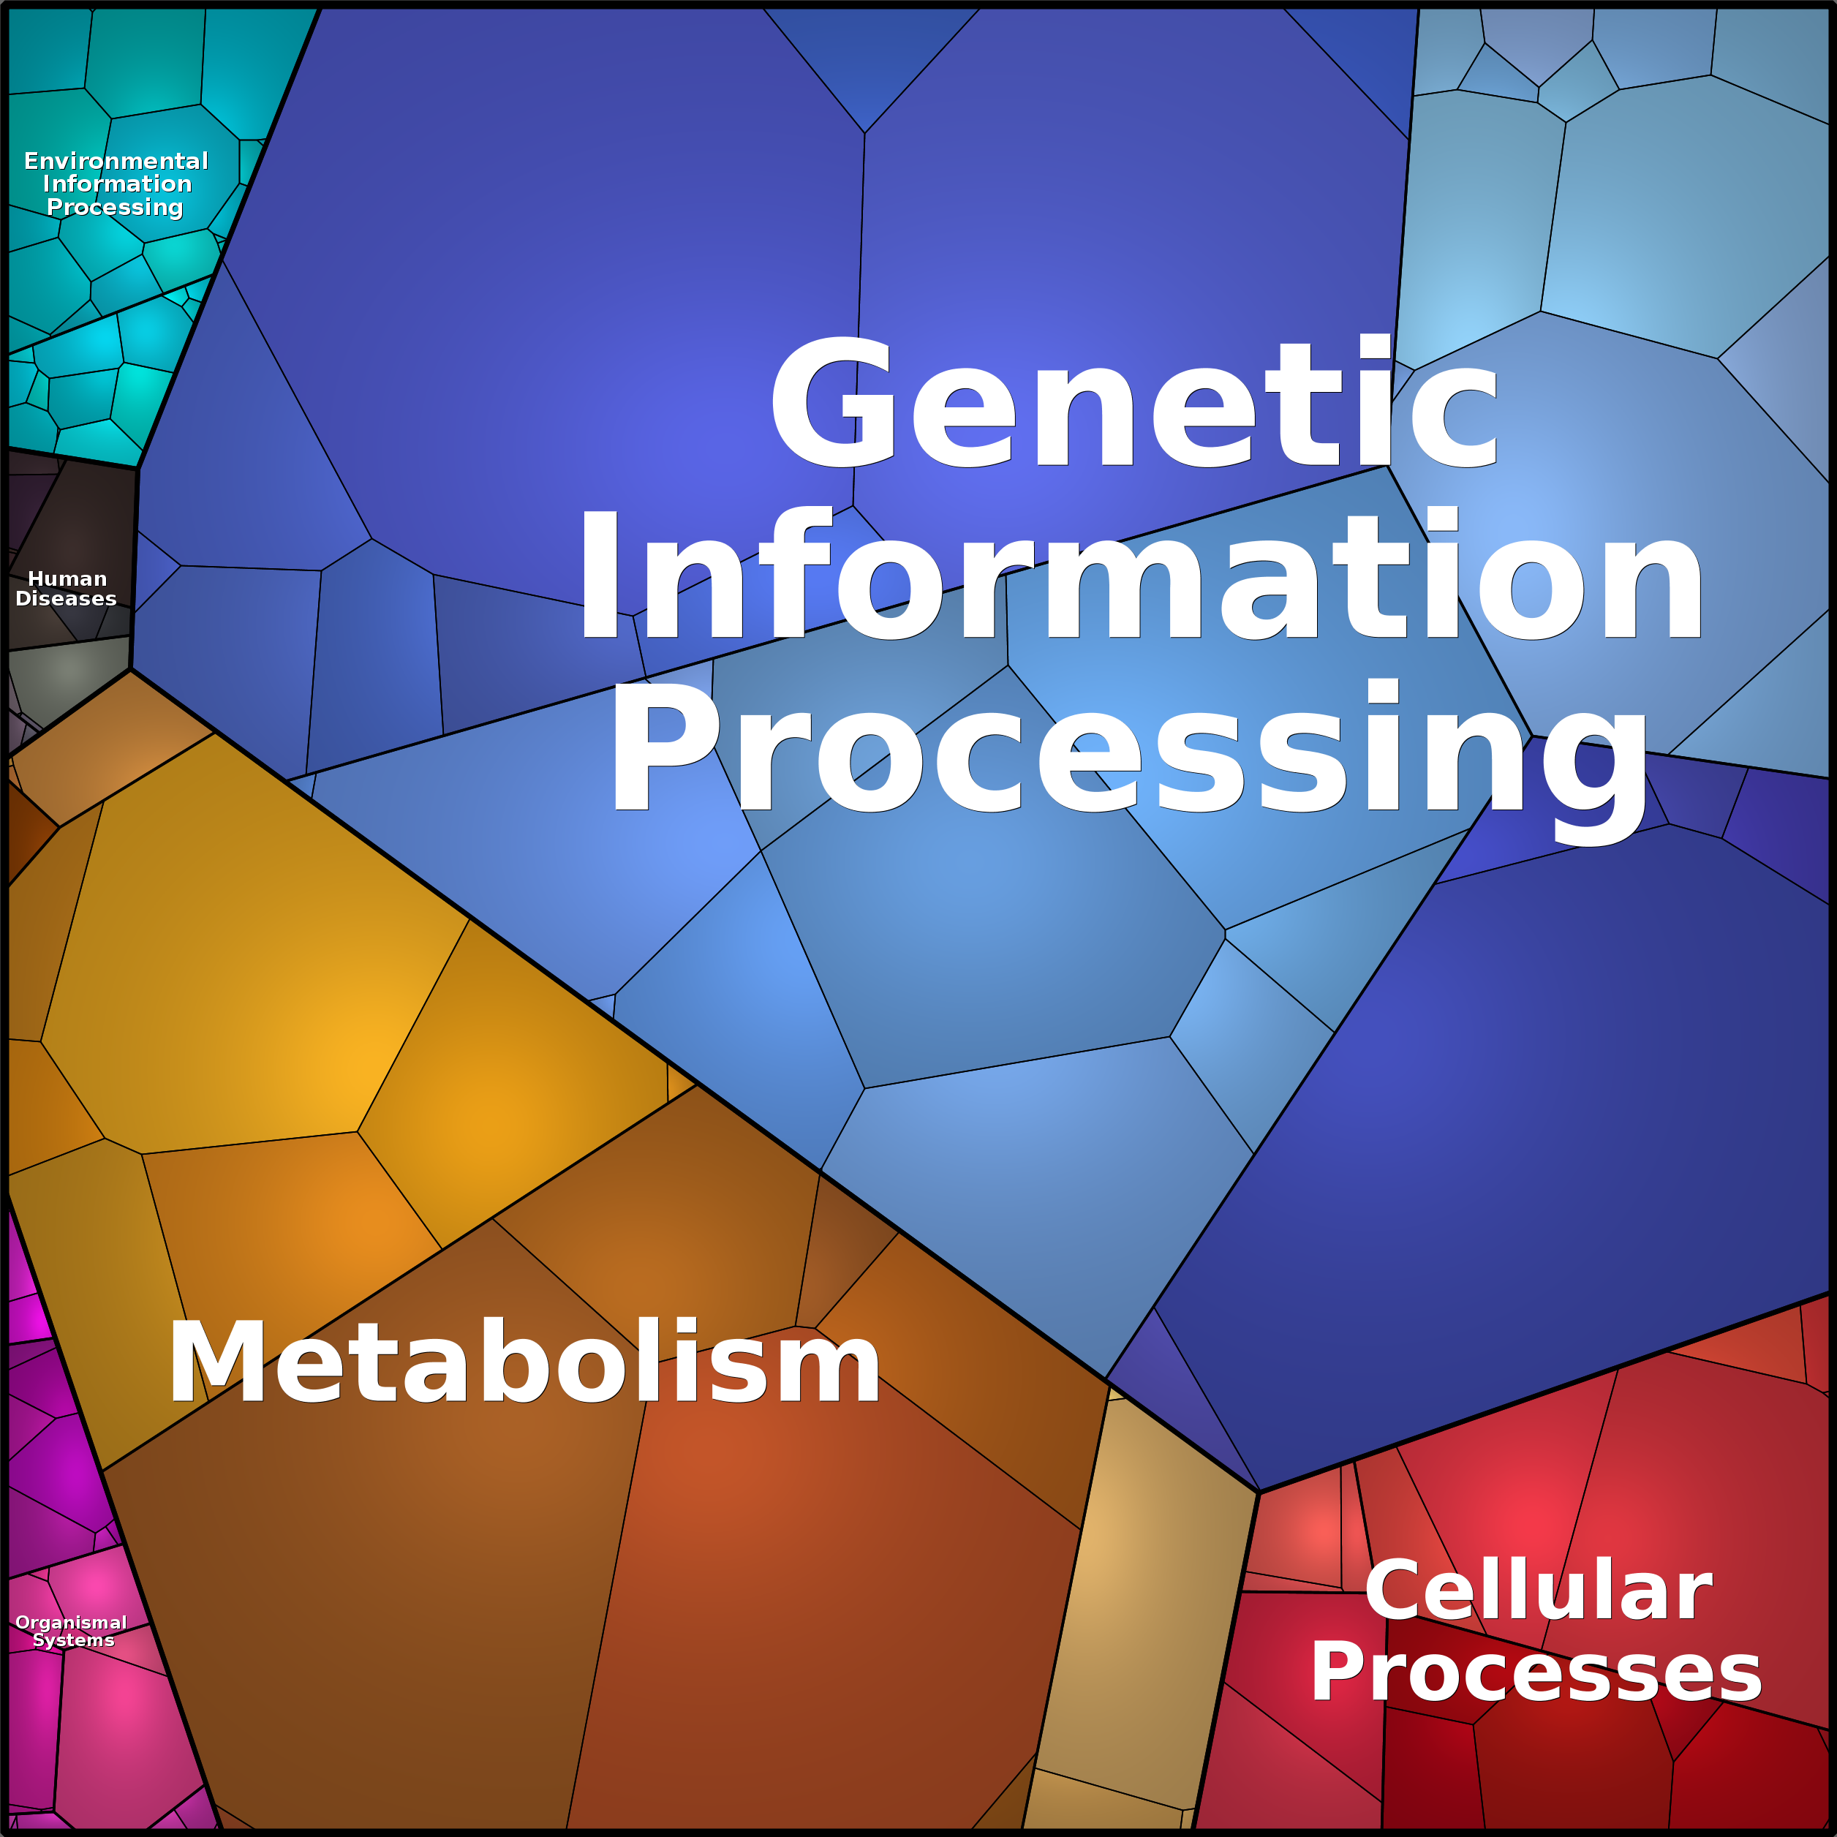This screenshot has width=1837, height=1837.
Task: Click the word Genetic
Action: [x=1134, y=403]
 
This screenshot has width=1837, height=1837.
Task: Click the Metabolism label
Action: [x=524, y=1362]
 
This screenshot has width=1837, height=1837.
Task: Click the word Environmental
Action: [x=116, y=161]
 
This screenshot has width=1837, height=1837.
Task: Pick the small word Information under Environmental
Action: [x=117, y=184]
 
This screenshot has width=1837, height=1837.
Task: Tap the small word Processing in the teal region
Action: [x=115, y=207]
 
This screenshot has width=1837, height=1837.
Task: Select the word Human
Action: [x=67, y=578]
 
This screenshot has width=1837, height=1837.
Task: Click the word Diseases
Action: [x=66, y=598]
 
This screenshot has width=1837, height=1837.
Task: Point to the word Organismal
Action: [x=72, y=1623]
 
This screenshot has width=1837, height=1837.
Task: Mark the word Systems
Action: [x=73, y=1640]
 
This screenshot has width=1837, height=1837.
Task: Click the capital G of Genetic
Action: [x=832, y=403]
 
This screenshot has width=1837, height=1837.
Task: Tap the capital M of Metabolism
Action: [x=216, y=1362]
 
